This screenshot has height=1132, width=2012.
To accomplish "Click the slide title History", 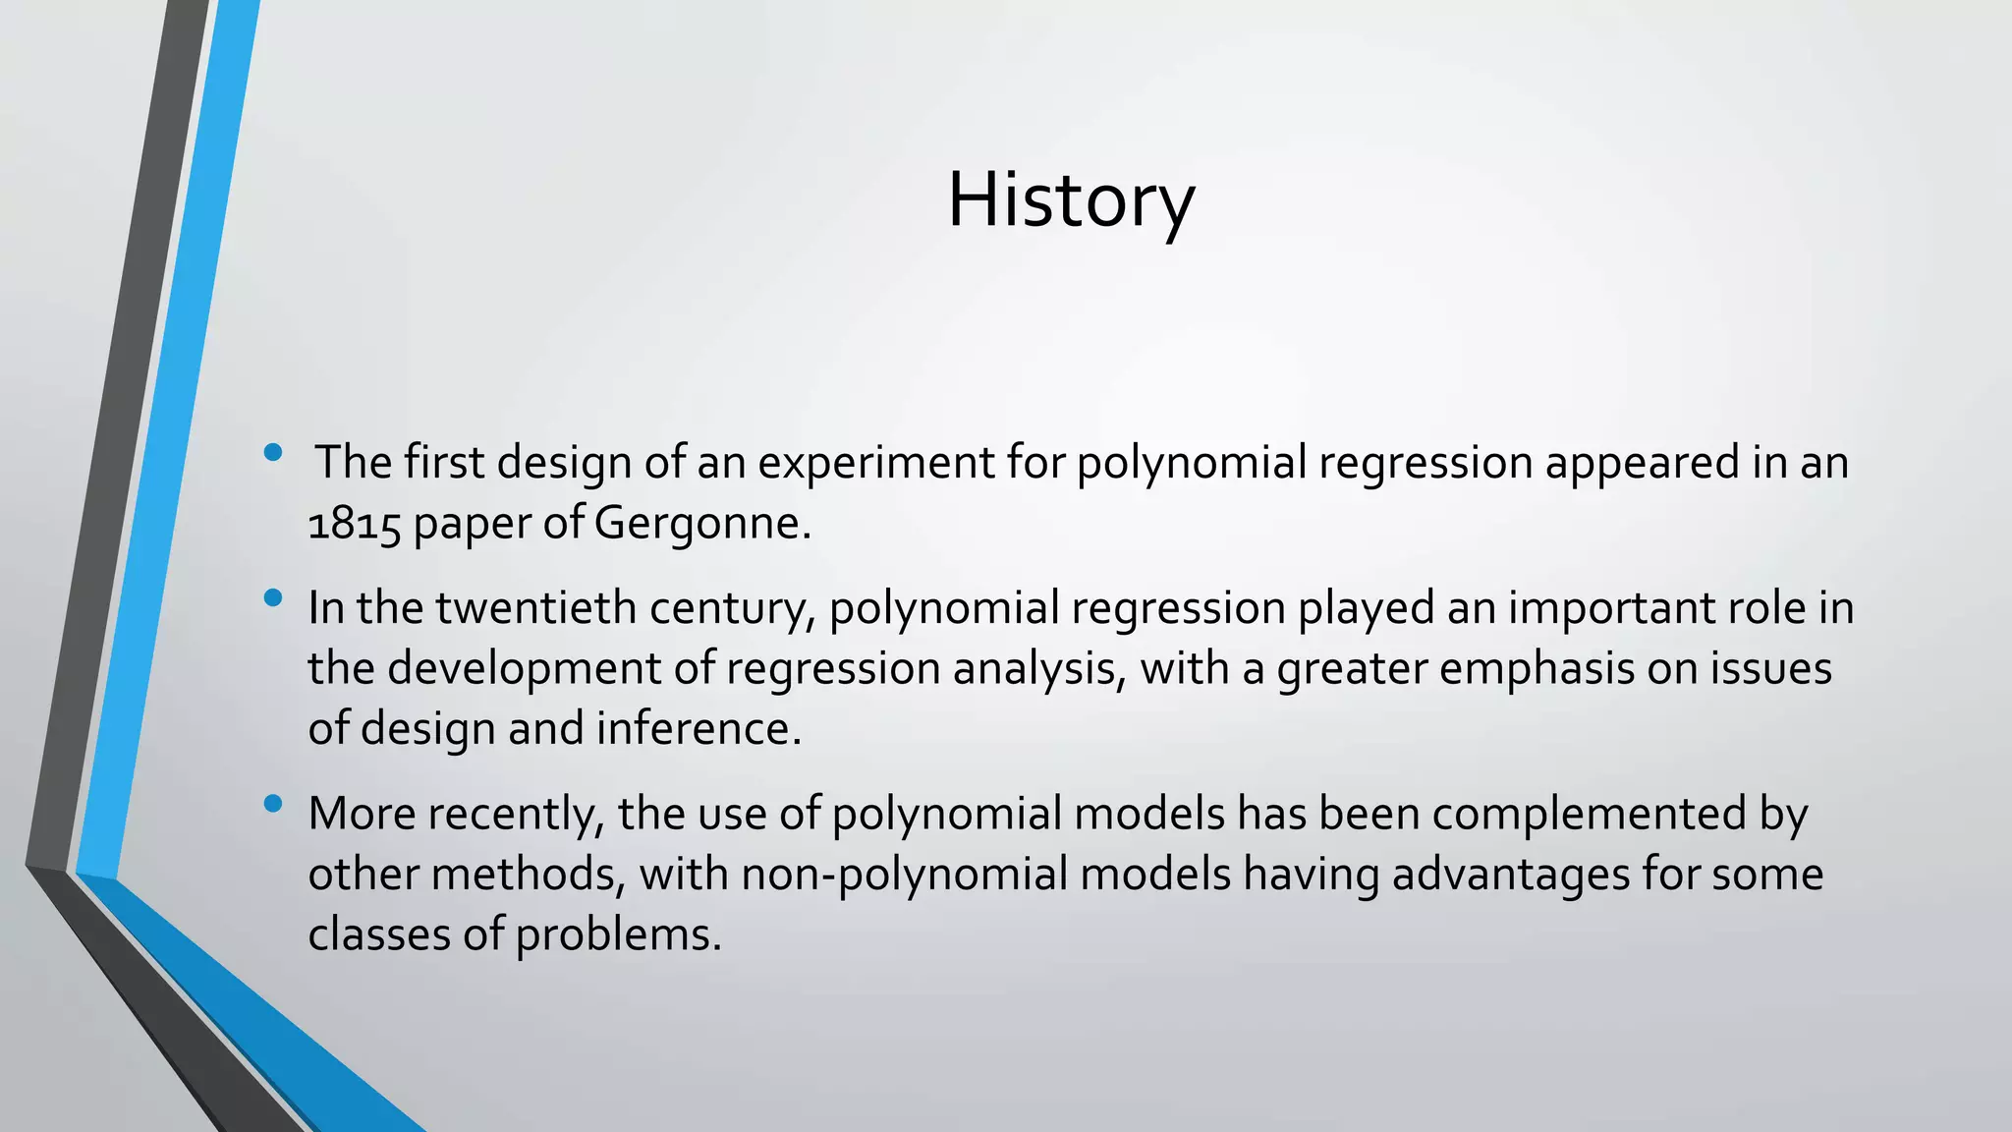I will [1070, 200].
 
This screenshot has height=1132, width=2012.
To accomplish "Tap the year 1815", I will [354, 525].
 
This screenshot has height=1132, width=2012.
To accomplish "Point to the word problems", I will [618, 934].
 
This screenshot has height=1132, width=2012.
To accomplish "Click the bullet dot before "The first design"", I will [273, 453].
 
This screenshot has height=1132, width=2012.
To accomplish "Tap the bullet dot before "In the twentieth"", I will [273, 597].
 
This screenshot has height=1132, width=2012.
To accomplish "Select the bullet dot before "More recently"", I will [273, 804].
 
